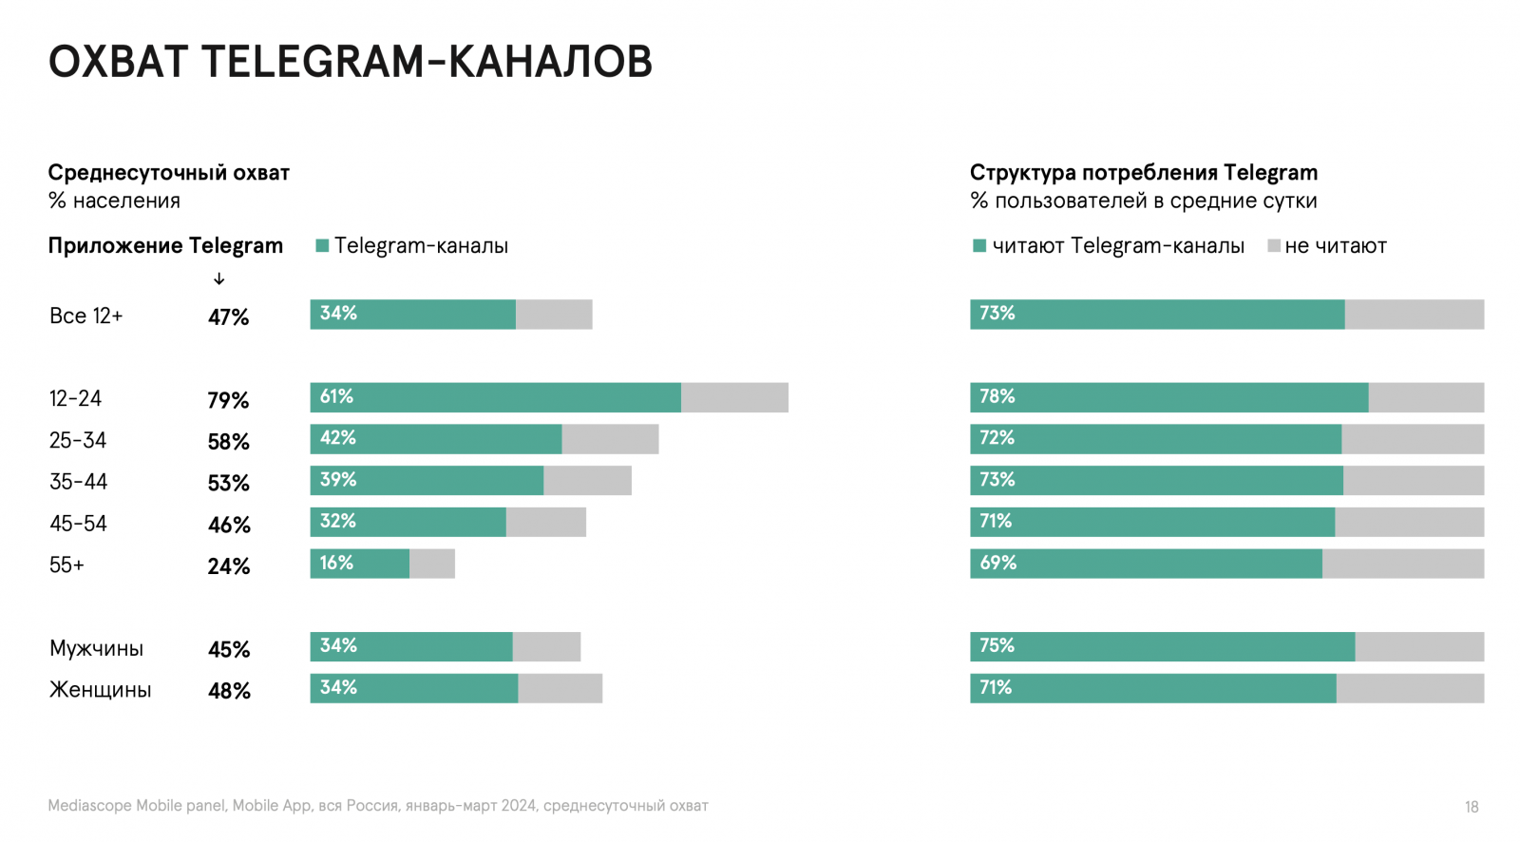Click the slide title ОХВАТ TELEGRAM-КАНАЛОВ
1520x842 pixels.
(350, 62)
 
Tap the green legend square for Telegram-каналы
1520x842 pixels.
(322, 246)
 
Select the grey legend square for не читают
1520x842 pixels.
(1274, 246)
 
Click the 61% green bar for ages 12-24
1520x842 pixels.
(495, 397)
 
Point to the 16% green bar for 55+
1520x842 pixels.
(359, 564)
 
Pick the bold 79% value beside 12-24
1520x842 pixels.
(228, 400)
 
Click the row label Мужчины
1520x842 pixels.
(96, 648)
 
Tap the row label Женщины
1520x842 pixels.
(100, 690)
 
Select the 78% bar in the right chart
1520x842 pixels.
(1168, 397)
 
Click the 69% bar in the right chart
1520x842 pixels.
(1146, 564)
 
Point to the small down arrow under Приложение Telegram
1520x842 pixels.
(219, 278)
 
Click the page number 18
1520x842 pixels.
(1472, 807)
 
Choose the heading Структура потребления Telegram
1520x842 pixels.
(1143, 173)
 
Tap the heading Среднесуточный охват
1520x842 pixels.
(168, 173)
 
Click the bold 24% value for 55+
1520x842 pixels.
(229, 566)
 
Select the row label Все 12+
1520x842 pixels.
(85, 316)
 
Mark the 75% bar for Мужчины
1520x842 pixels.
(1162, 646)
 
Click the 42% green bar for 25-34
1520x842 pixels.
(435, 439)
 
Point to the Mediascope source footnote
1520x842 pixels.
(378, 806)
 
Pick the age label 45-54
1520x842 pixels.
(78, 524)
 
